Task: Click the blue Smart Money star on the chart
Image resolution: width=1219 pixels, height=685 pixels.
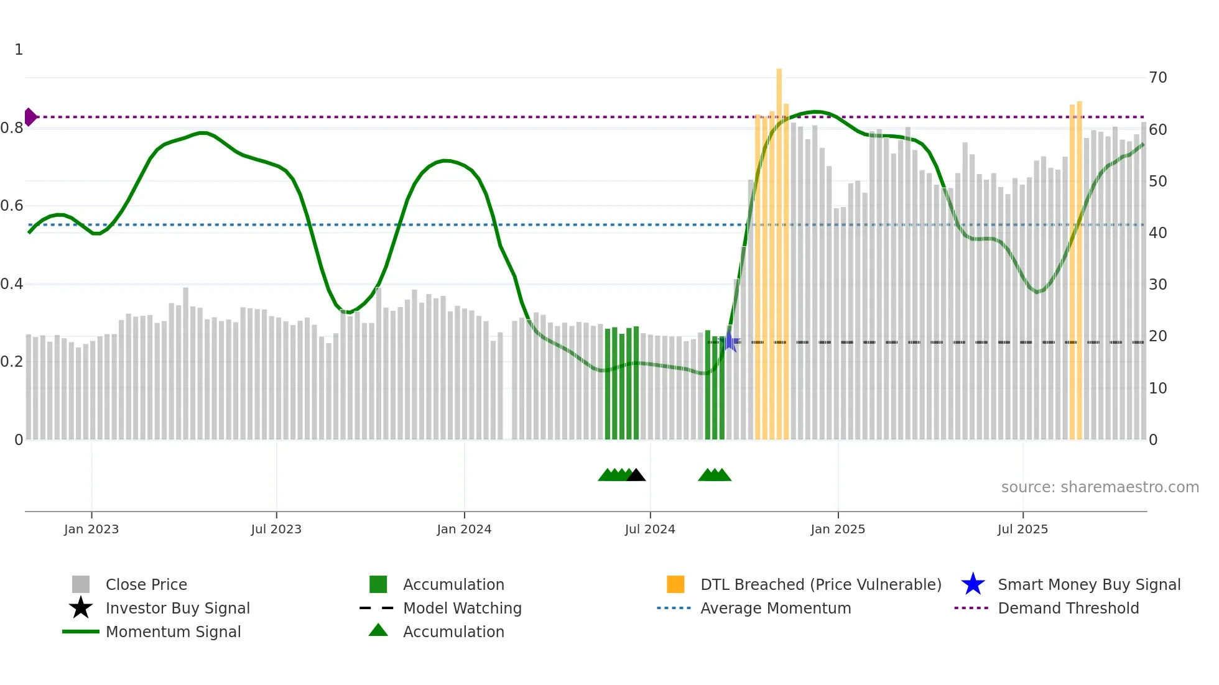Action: click(x=730, y=341)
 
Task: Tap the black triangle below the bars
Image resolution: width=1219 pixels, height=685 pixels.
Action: click(x=636, y=476)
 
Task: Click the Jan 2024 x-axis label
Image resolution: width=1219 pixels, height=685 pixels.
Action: click(x=464, y=530)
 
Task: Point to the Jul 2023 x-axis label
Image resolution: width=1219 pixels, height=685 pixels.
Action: click(x=276, y=530)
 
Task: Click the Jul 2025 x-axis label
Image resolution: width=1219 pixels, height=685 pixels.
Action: click(x=1022, y=530)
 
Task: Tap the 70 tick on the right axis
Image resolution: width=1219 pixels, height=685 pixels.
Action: click(x=1157, y=78)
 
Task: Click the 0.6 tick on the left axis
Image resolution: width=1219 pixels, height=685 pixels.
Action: click(x=12, y=206)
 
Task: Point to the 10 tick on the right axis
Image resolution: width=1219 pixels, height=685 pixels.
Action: click(x=1157, y=388)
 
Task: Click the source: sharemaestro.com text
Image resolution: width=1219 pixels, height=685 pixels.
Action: click(x=1100, y=487)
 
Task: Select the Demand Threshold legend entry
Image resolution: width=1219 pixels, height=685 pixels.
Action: click(x=1068, y=609)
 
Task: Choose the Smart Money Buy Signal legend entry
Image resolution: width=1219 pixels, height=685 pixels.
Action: click(x=1088, y=585)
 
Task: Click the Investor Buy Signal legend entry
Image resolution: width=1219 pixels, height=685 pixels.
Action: click(x=177, y=609)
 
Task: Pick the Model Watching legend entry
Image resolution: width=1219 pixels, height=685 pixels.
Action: click(x=461, y=609)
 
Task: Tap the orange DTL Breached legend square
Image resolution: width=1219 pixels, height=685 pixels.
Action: click(x=675, y=584)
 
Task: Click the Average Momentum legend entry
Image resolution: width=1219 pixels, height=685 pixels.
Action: click(x=775, y=609)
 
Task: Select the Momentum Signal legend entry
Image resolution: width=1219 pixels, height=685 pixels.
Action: click(x=173, y=632)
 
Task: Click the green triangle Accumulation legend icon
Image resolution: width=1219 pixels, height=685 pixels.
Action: click(x=378, y=631)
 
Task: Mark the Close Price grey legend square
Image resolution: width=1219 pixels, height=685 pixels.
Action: click(x=81, y=584)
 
